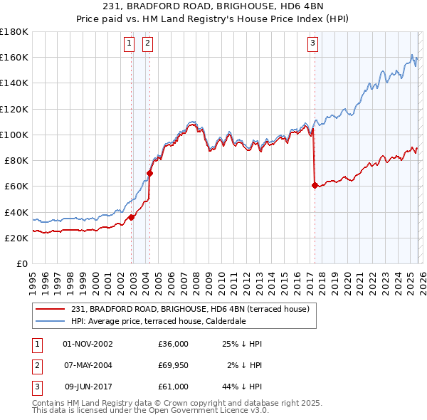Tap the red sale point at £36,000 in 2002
pos(132,217)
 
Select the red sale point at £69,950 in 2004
pos(149,173)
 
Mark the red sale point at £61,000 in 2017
pos(315,185)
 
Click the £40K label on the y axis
pos(16,212)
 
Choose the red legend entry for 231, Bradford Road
pos(189,310)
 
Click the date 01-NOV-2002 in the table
pos(88,344)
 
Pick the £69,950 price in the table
pos(174,365)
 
